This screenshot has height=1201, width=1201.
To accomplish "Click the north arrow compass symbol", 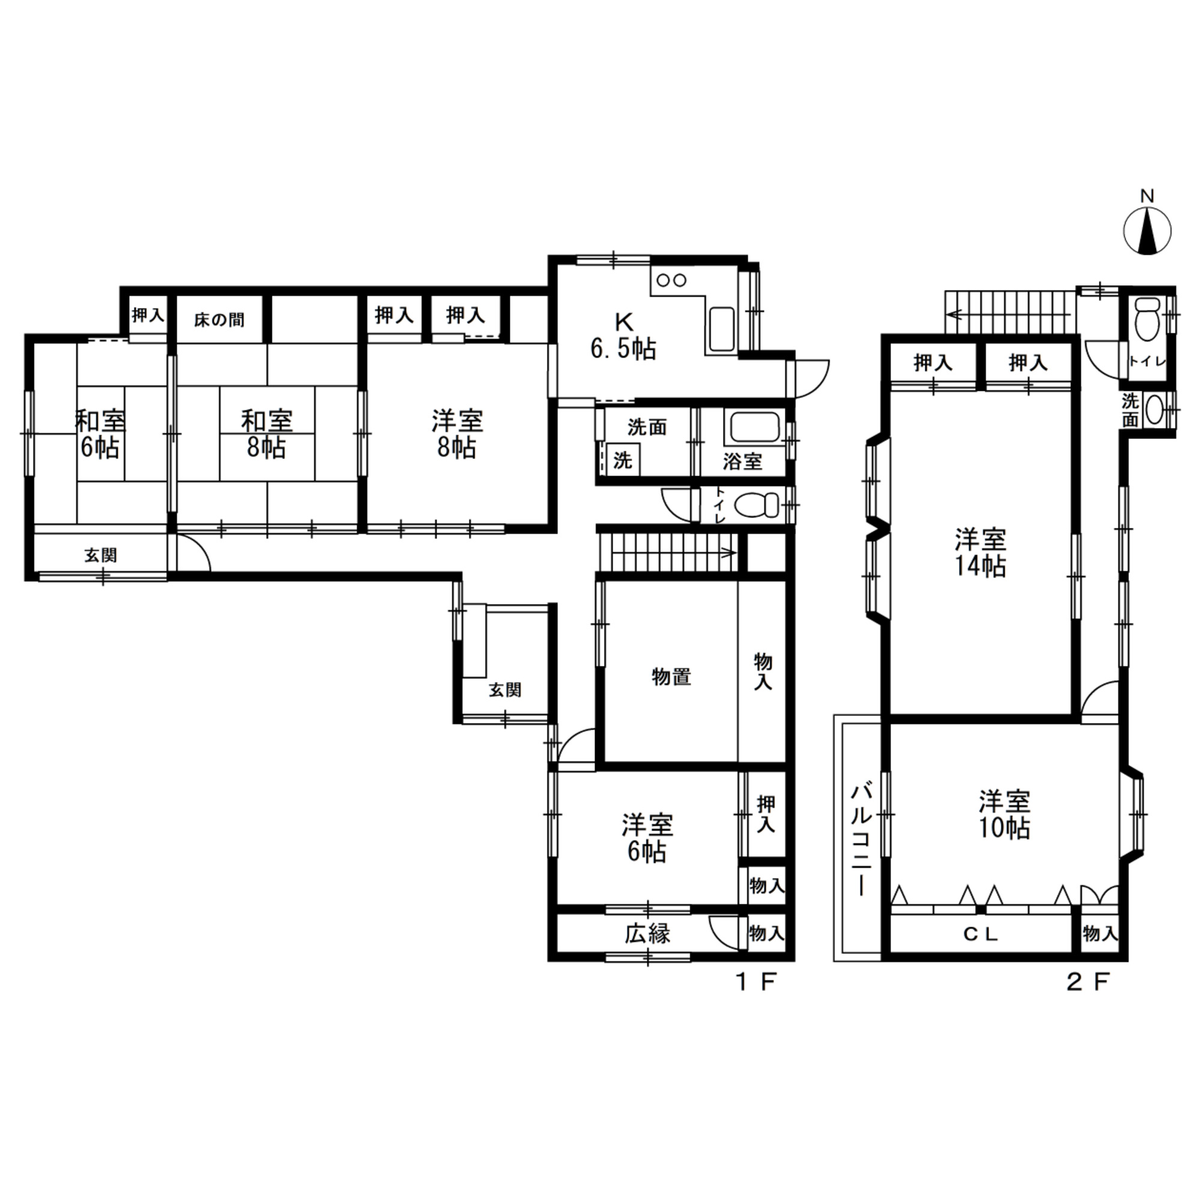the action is pos(1147,230).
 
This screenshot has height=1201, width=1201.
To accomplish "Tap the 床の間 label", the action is pos(219,320).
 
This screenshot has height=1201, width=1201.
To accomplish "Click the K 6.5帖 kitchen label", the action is pos(622,336).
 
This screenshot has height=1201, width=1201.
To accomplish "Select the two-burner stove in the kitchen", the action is pos(671,280).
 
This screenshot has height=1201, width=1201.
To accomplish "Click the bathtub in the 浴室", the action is pos(755,428).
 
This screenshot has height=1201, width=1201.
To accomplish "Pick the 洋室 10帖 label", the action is pos(1005,815).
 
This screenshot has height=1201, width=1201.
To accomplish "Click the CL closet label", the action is pos(981,934).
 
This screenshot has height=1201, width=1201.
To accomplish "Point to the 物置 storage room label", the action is pos(671,677).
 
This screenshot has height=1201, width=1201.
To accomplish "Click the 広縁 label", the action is pos(649,934).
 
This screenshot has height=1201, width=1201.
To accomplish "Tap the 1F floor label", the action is pos(757,982).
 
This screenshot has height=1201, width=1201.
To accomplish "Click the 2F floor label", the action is pos(1088,982).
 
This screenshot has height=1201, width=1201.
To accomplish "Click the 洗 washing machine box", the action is pos(623,460).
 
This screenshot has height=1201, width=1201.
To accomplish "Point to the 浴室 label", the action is pos(742,461).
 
